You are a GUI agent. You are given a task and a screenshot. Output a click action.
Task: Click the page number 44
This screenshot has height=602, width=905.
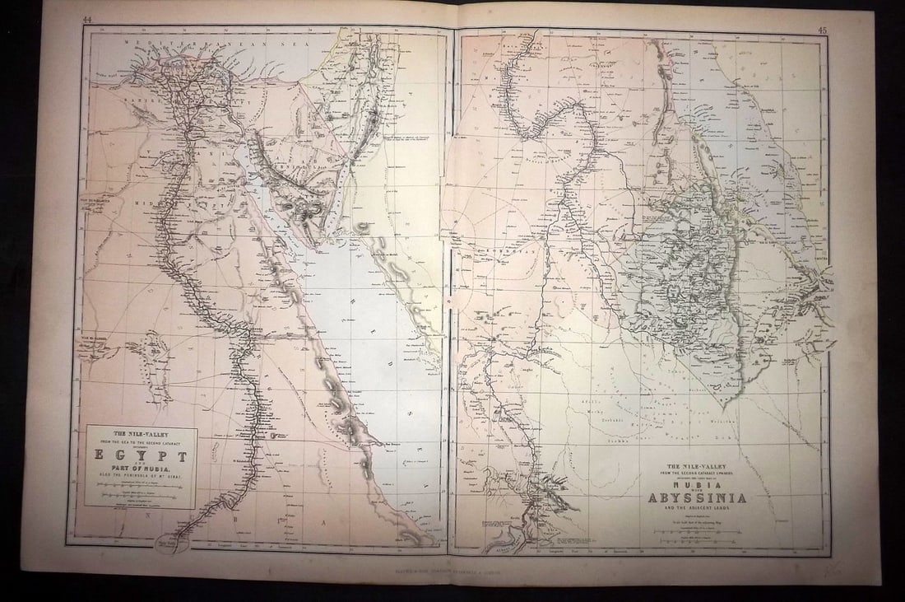point(87,19)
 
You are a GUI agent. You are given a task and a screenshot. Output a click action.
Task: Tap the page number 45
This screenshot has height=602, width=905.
point(822,30)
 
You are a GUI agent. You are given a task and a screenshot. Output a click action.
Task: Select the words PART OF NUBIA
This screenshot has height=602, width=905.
point(141,469)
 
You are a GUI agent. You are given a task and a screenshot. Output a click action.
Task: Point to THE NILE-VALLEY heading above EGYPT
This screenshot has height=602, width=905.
point(141,432)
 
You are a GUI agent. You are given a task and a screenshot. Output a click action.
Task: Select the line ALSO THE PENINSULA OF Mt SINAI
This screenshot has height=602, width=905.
point(141,476)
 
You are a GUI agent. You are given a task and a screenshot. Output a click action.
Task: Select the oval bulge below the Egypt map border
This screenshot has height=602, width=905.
point(174,543)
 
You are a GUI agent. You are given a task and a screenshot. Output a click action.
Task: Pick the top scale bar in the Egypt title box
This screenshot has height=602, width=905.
point(141,487)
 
